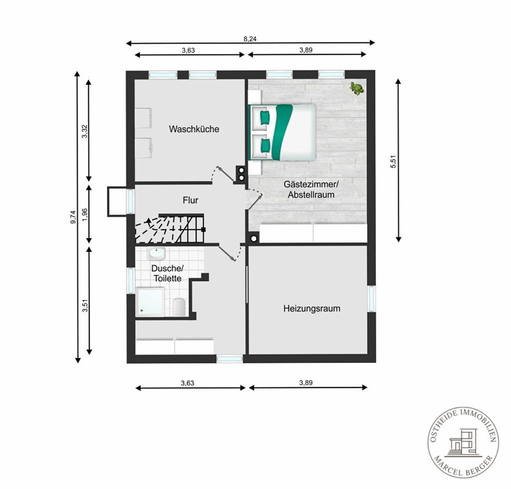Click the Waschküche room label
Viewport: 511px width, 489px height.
[194, 129]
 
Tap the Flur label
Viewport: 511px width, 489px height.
[190, 200]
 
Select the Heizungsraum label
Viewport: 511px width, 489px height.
[311, 309]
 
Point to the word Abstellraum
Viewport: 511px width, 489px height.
[311, 195]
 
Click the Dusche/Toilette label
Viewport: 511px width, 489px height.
[168, 273]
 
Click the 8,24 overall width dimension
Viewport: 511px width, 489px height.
[250, 39]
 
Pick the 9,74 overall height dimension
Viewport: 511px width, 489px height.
[73, 217]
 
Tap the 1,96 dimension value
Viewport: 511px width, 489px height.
[85, 215]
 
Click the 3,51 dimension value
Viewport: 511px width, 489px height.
[85, 305]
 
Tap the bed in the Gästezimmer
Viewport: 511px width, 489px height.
[282, 132]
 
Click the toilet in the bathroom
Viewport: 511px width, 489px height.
[179, 307]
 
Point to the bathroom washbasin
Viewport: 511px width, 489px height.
[156, 253]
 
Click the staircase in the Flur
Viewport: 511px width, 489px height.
[170, 229]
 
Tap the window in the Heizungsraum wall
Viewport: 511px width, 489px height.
[371, 299]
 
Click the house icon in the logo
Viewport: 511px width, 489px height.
[463, 442]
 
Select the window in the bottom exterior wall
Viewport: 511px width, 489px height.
[230, 359]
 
